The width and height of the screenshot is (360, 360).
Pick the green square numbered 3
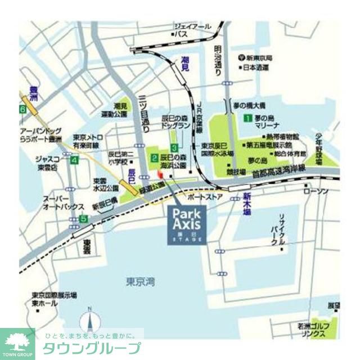tap(175, 147)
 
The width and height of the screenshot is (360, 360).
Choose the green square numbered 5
tap(83, 219)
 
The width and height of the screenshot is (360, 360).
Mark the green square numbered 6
tap(22, 109)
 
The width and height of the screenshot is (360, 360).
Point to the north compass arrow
tap(89, 321)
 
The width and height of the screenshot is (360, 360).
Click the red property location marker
tap(163, 177)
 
